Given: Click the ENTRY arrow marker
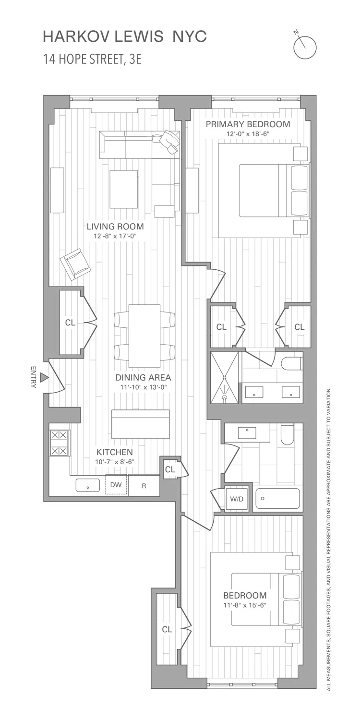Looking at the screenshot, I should click(x=44, y=378).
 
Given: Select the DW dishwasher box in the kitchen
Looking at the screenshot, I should click(x=116, y=485).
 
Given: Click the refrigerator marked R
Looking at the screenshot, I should click(x=144, y=485).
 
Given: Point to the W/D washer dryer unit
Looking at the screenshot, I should click(x=237, y=499).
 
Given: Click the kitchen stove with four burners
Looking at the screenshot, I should click(x=60, y=443).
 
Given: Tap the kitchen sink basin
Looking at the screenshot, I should click(x=88, y=486).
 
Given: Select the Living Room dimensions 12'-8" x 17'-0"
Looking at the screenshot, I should click(x=115, y=236).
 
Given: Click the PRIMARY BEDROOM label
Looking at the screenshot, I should click(x=248, y=124).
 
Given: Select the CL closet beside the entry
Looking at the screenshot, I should click(x=70, y=323).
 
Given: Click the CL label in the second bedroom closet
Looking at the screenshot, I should click(x=167, y=629).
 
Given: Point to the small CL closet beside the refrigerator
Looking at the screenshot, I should click(x=170, y=469).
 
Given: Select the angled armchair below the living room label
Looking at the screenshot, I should click(x=75, y=264).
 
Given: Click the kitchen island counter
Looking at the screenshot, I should click(x=140, y=424).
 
